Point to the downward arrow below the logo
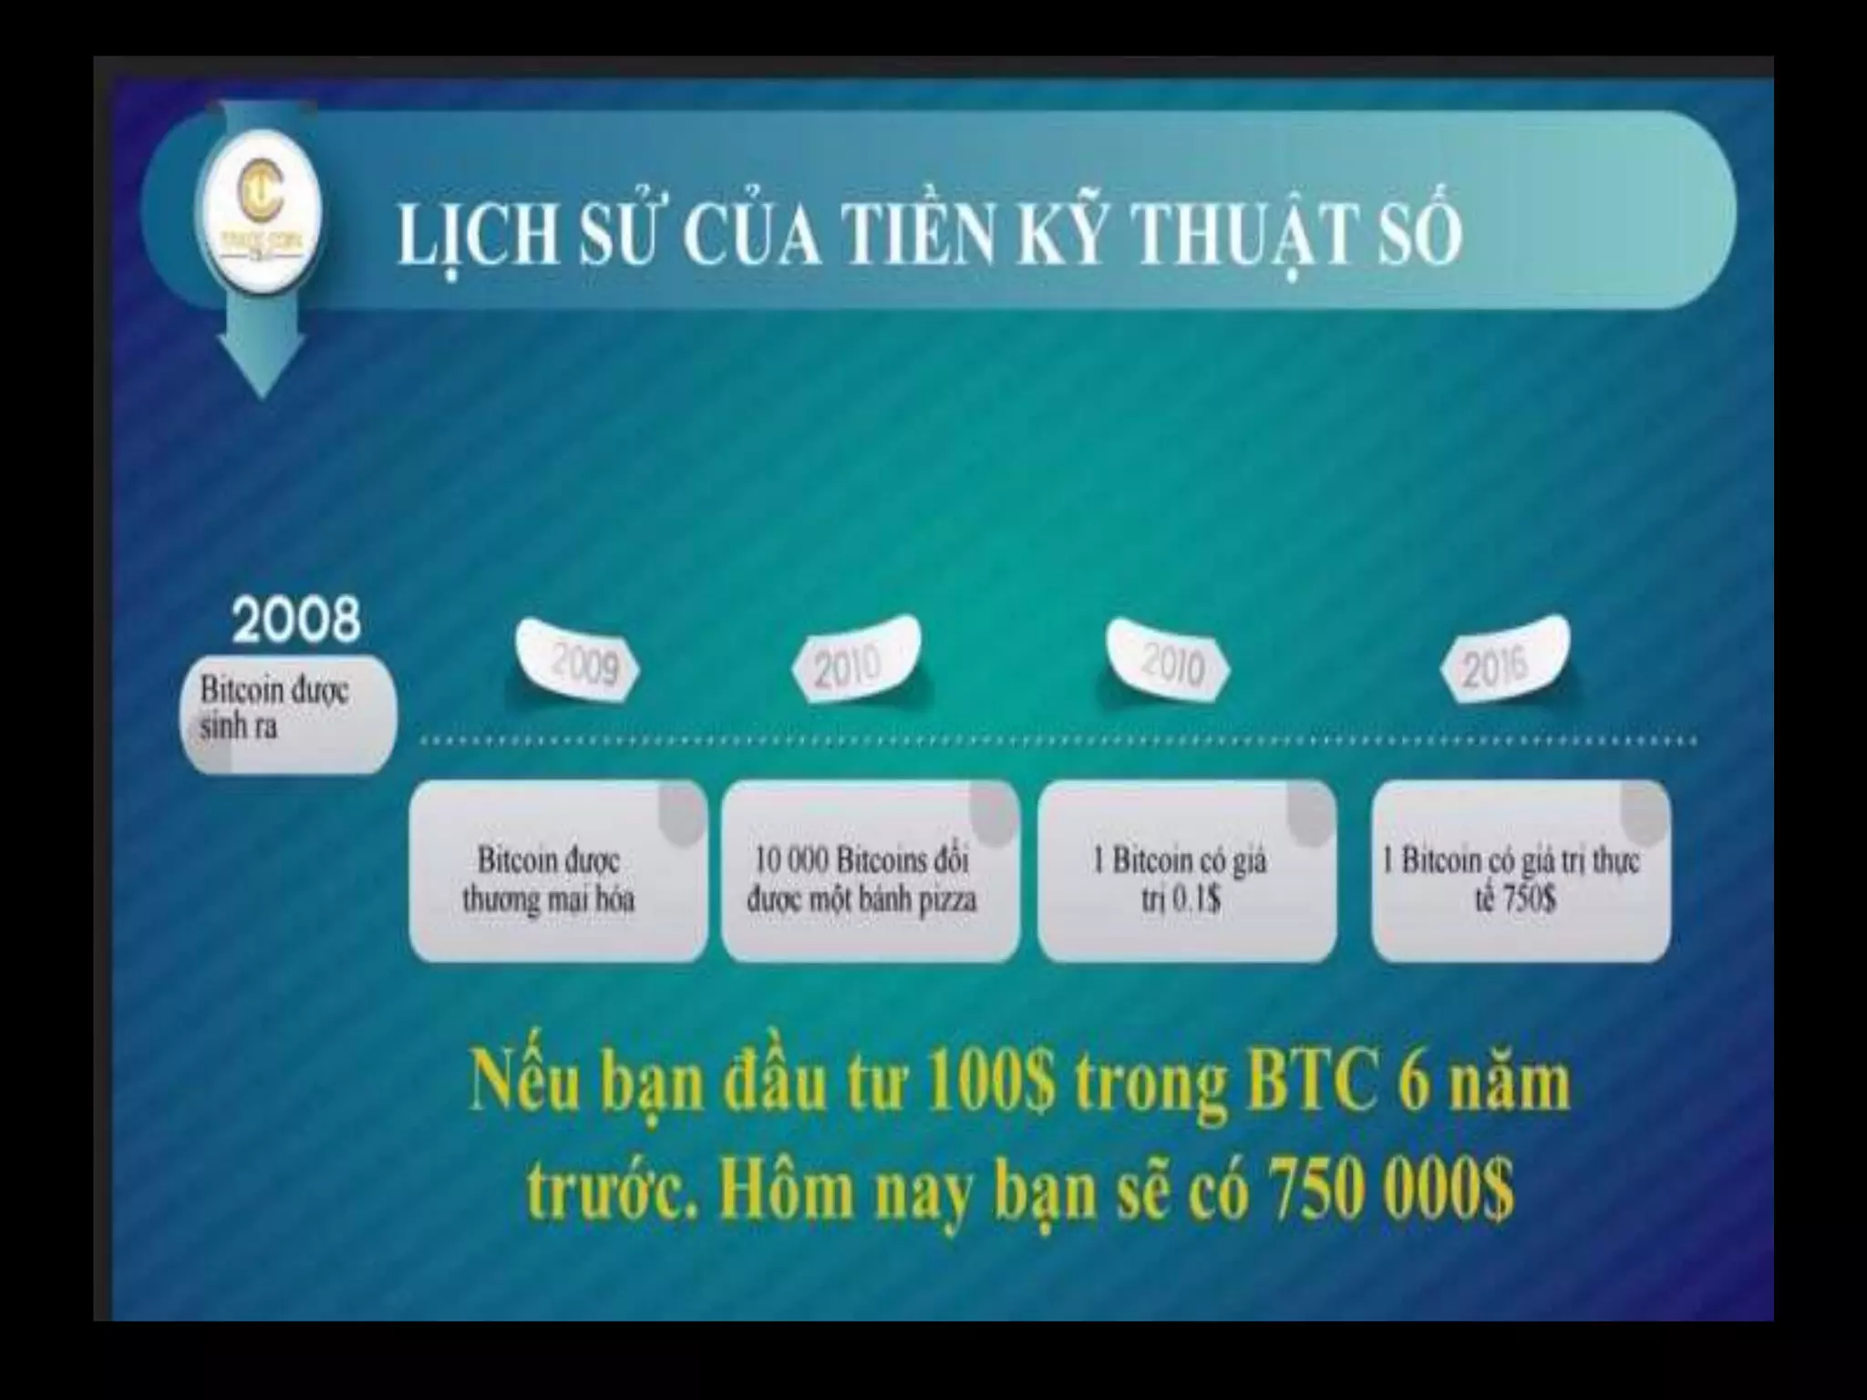261,355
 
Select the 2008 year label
295,620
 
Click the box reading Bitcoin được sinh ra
286,715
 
